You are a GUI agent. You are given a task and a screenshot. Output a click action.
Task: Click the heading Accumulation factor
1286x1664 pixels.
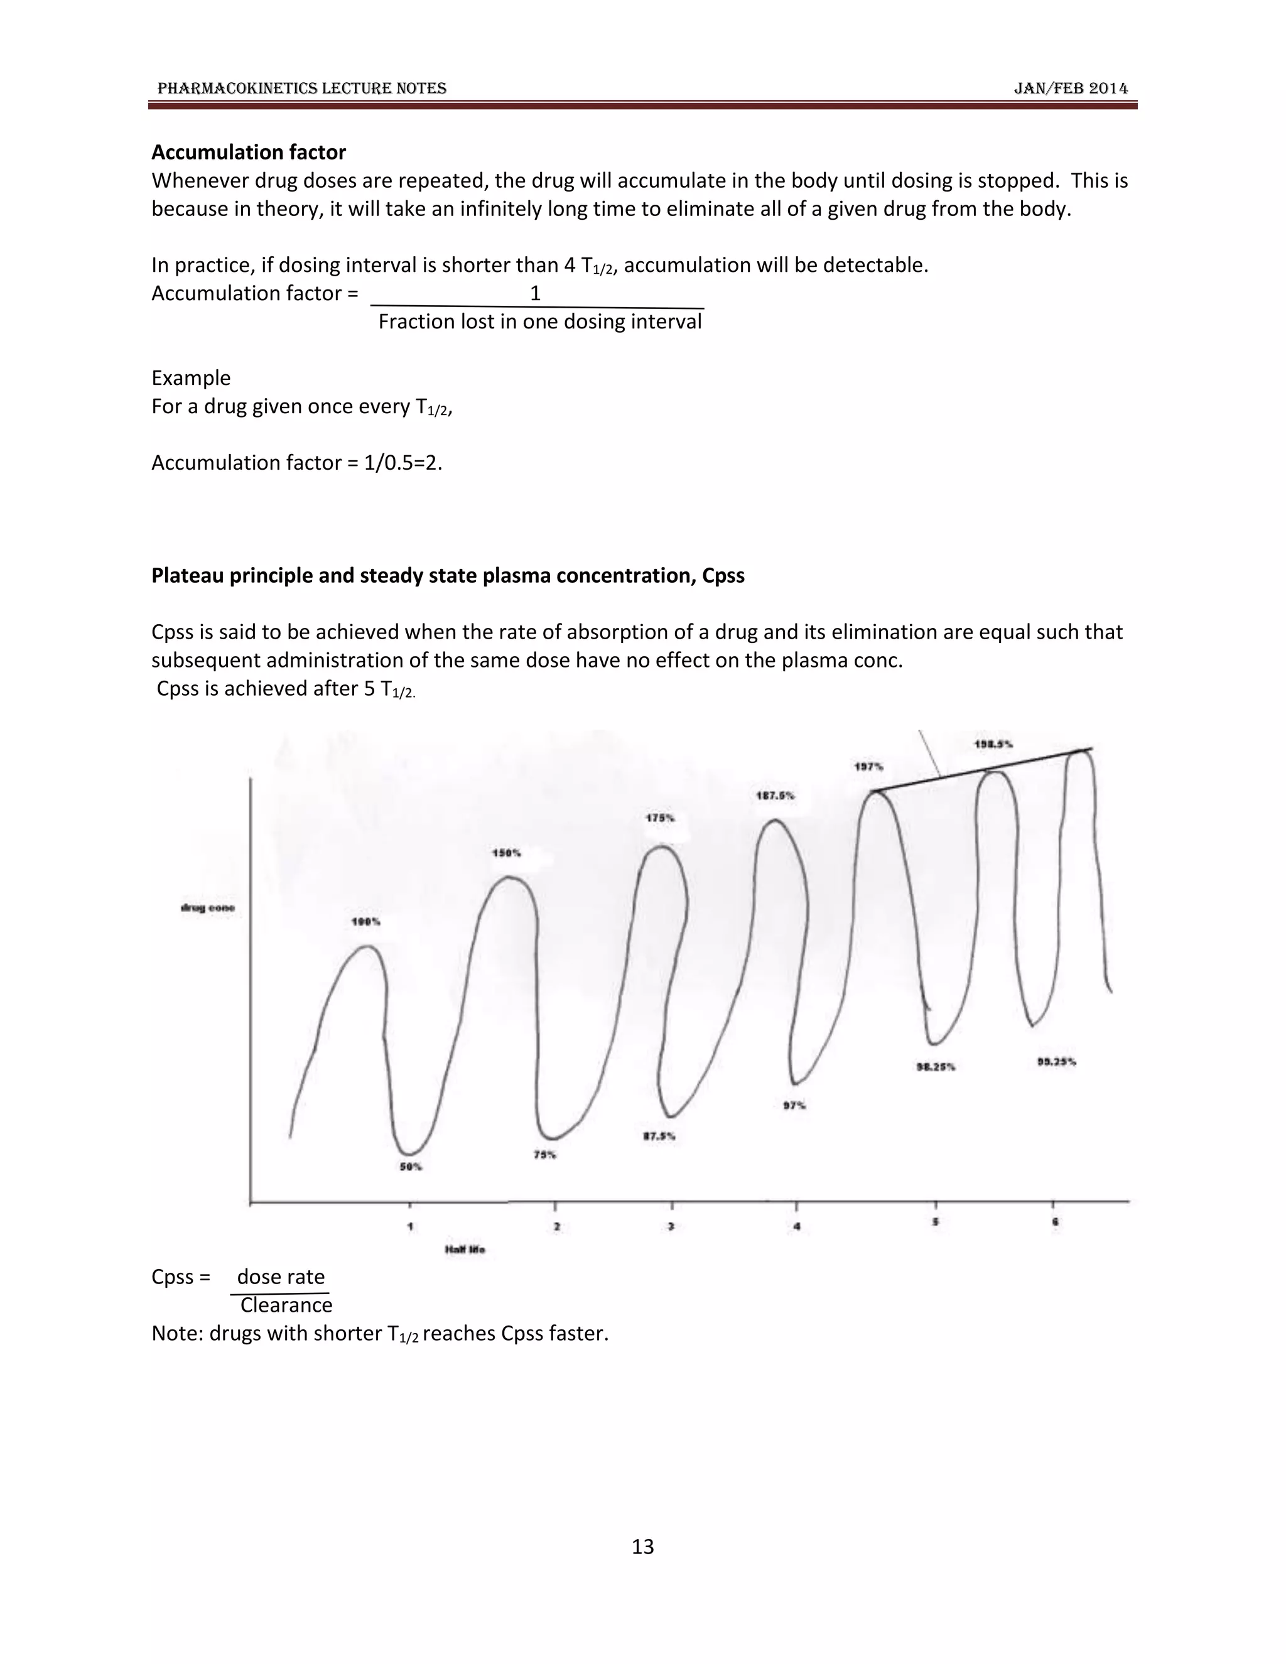click(x=249, y=153)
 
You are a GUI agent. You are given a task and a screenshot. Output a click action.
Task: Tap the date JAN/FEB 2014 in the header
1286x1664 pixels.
click(x=1071, y=89)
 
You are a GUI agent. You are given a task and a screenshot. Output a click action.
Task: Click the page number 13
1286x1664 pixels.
click(x=642, y=1546)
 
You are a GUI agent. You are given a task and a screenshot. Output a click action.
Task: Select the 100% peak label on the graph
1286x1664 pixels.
click(x=365, y=922)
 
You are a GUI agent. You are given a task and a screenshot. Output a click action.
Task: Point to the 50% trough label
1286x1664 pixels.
click(x=411, y=1167)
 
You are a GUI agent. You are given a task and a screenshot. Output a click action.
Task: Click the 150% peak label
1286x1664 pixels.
click(x=507, y=853)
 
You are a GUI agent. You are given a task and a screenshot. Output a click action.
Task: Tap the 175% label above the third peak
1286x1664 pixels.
click(x=660, y=818)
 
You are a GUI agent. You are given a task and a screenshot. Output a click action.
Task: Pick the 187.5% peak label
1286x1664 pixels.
click(x=775, y=796)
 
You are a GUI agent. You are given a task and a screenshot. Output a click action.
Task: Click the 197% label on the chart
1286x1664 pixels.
click(x=868, y=767)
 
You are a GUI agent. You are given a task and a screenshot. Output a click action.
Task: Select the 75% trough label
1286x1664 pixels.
click(x=544, y=1155)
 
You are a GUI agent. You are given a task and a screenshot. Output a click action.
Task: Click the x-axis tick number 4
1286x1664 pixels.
click(x=797, y=1227)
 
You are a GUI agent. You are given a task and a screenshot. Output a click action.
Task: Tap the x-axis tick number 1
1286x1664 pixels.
click(x=410, y=1227)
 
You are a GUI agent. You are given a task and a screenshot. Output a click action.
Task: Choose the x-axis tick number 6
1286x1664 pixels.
click(x=1055, y=1222)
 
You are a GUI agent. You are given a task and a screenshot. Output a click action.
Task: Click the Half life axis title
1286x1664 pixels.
click(x=465, y=1250)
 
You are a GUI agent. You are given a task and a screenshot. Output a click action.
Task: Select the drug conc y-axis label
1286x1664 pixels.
click(x=207, y=907)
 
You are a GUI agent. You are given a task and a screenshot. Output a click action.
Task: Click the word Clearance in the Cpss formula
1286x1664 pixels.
click(x=286, y=1305)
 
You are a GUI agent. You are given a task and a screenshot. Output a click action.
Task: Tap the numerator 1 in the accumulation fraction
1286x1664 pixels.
click(x=535, y=293)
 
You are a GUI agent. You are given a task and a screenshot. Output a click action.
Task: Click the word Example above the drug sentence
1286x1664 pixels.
click(x=190, y=378)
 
